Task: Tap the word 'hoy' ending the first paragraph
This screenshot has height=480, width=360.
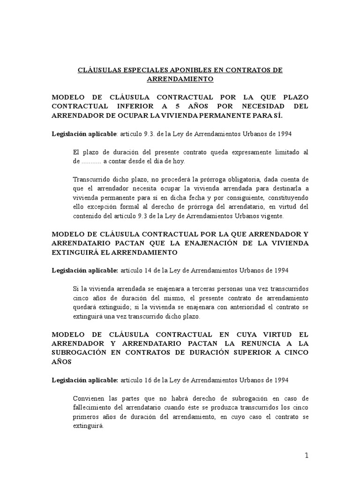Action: tap(180, 161)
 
